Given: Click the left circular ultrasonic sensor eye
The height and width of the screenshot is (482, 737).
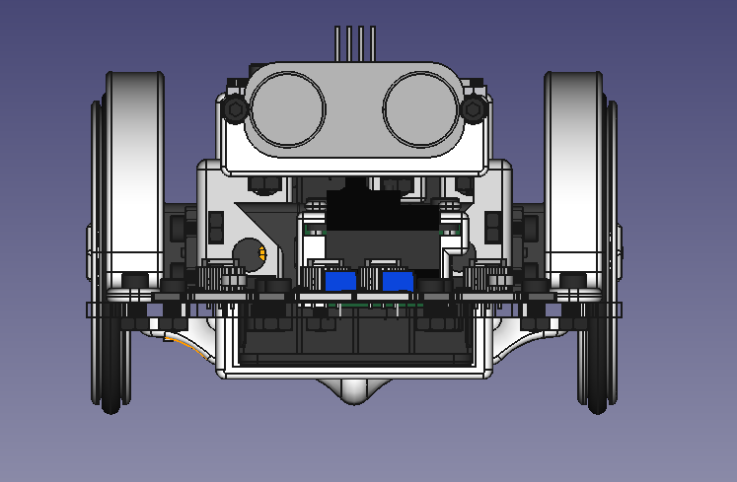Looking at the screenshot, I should [x=287, y=109].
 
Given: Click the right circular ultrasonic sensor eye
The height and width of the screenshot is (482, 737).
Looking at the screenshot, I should [x=421, y=109].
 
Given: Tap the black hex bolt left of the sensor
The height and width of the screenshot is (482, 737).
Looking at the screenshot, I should [x=235, y=109].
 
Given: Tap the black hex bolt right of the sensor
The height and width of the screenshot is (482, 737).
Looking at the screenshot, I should [x=473, y=109].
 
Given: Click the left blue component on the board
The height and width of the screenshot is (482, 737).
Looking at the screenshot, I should [x=340, y=281].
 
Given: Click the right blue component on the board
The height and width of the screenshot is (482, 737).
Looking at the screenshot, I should [x=398, y=281].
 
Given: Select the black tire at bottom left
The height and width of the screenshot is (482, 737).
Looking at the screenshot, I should [x=110, y=375].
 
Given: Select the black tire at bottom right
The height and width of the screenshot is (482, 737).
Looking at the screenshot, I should [x=597, y=375].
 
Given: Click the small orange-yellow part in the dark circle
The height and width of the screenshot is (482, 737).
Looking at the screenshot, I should [x=261, y=254].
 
